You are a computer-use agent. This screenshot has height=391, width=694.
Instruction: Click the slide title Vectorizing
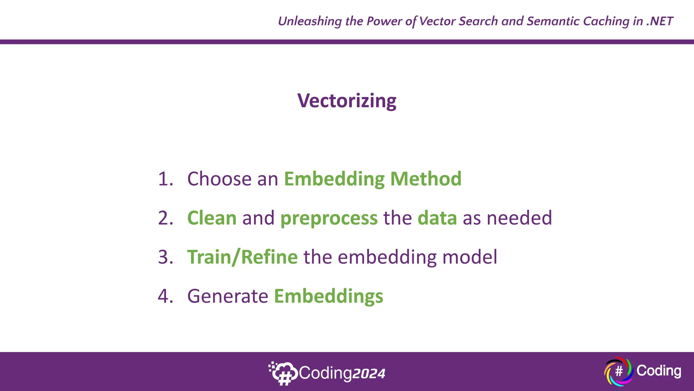coord(347,101)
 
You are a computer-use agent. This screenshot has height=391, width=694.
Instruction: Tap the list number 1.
coord(165,179)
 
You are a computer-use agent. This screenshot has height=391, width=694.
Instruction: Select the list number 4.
coord(165,296)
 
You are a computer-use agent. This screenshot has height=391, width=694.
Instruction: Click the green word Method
coord(426,179)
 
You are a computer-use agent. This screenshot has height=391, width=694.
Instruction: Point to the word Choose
coord(219,179)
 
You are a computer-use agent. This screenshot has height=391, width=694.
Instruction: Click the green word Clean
coord(212,218)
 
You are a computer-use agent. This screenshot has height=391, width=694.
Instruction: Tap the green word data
coord(437,218)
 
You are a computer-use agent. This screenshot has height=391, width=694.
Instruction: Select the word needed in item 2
coord(519,218)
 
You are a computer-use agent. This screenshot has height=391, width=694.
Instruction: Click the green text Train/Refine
coord(242,257)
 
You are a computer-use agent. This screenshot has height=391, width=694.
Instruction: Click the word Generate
coord(228,296)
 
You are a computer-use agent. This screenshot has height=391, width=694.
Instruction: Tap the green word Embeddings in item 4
coord(328,297)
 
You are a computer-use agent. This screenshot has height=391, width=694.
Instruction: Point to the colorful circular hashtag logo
coord(618,371)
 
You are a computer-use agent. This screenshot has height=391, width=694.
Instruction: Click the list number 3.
coord(165,257)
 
